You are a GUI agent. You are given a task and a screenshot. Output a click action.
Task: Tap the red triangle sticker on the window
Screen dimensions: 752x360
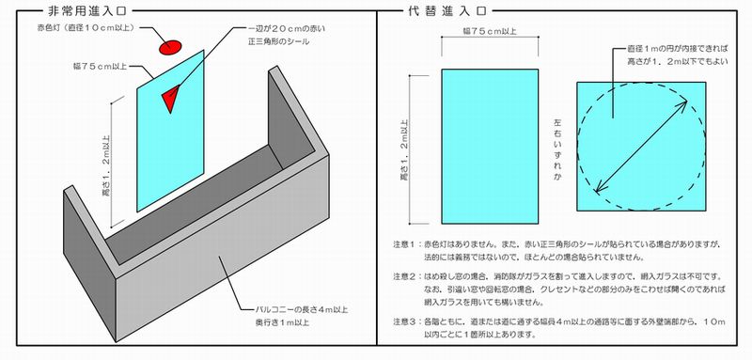pos(170,96)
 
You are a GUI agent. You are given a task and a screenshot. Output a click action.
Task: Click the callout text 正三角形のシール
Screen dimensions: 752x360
pos(279,42)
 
